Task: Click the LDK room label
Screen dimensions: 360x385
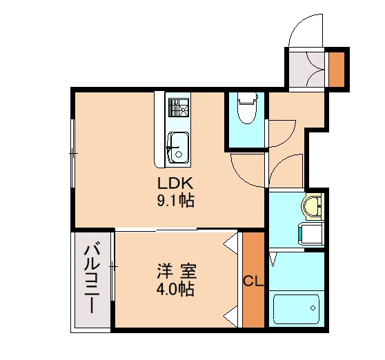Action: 179,184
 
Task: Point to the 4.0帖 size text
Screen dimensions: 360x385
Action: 174,289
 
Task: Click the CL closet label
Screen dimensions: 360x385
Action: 253,281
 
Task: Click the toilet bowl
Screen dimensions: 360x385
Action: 246,110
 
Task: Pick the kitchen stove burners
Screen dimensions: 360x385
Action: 179,108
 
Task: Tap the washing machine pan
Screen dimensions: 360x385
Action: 308,234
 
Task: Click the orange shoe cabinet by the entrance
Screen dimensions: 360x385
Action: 337,68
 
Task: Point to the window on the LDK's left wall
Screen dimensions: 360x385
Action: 72,151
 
